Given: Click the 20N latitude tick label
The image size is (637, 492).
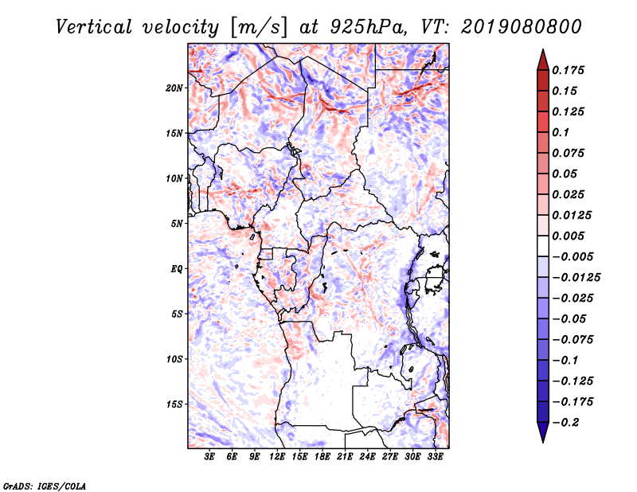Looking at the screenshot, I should tap(174, 88).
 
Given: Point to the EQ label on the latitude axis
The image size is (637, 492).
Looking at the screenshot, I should tap(177, 268).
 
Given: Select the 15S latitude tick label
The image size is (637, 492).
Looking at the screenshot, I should tap(174, 404).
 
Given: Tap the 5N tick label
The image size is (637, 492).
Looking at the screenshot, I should tap(177, 224).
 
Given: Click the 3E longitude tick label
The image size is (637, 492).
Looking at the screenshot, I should tap(210, 456).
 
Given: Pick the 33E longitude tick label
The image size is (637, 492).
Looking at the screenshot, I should tap(436, 456).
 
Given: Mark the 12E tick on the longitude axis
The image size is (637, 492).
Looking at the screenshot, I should tap(278, 456).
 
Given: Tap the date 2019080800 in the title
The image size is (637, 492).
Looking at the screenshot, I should tap(510, 26).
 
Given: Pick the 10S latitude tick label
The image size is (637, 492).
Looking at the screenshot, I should tap(174, 359).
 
